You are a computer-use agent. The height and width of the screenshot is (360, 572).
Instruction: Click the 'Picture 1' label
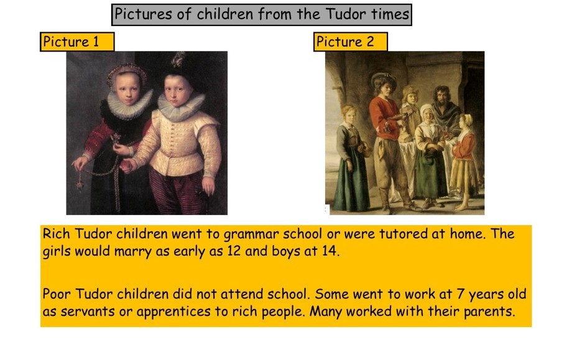[x=70, y=42]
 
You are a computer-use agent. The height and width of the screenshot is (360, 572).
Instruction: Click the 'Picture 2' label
[x=345, y=42]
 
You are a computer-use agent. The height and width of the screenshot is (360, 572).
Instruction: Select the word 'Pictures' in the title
[x=143, y=14]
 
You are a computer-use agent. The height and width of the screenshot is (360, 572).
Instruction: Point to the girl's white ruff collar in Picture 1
[x=130, y=103]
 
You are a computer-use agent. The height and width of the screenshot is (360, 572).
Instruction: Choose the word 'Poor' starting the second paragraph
[x=57, y=294]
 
